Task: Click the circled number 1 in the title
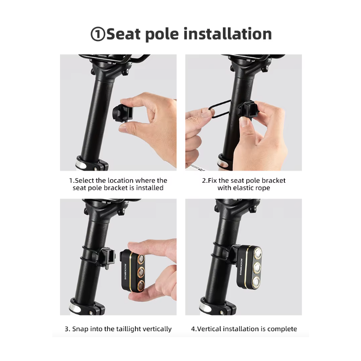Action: (x=98, y=35)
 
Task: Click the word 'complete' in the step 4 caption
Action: (x=280, y=329)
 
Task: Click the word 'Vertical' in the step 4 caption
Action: (x=210, y=329)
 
